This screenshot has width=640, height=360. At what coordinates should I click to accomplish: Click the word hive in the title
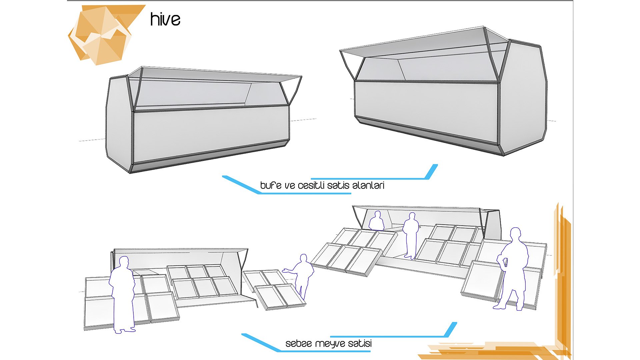click(165, 19)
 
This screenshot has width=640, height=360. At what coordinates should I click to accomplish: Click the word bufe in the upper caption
click(271, 185)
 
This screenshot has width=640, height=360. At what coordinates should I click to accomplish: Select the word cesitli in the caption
click(311, 185)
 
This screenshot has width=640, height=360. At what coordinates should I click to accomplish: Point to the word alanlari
click(368, 185)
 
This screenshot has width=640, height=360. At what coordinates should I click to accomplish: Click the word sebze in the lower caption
click(299, 343)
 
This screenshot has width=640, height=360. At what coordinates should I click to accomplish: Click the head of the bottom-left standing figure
click(124, 262)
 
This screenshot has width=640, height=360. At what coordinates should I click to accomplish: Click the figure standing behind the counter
click(377, 221)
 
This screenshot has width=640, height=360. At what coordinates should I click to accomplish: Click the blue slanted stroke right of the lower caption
click(451, 329)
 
